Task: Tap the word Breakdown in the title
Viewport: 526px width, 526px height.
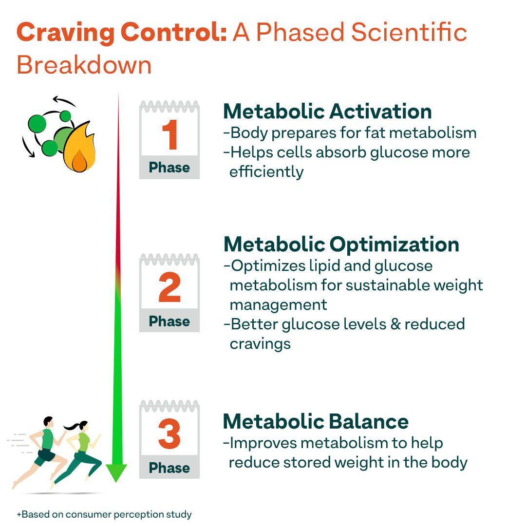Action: [84, 65]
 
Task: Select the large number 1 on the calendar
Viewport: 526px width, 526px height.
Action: [169, 135]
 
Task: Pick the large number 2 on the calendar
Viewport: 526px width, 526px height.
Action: [169, 288]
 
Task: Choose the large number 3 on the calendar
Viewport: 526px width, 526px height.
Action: [169, 435]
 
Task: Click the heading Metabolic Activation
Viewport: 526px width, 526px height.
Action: [327, 112]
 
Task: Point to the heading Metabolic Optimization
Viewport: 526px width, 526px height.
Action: [341, 244]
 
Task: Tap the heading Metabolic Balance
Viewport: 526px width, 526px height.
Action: [316, 421]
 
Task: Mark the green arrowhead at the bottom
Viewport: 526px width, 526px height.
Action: [116, 473]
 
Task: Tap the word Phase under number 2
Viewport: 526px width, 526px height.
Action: [169, 321]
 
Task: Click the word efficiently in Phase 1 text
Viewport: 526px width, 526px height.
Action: [266, 172]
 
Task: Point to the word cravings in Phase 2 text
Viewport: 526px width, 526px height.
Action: [260, 344]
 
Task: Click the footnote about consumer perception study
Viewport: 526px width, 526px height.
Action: [104, 514]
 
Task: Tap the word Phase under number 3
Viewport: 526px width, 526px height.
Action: [169, 468]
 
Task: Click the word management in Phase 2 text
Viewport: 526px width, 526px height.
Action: [278, 305]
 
